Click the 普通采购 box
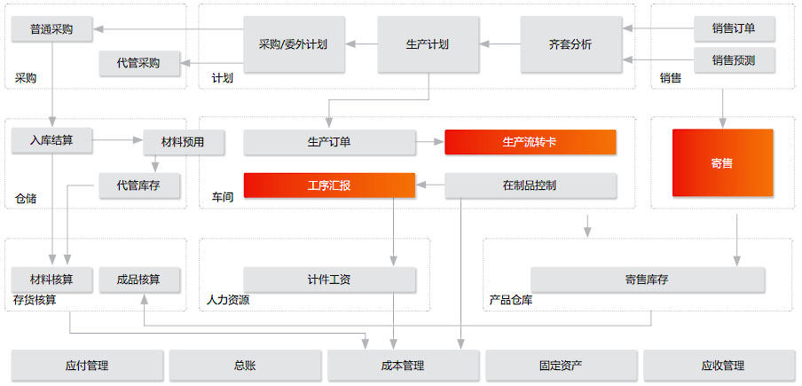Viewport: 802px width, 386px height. point(53,29)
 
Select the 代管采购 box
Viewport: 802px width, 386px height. point(139,63)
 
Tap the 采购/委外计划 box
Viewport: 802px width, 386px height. point(294,43)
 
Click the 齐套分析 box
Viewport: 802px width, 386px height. point(570,43)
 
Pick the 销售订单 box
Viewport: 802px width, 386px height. point(734,29)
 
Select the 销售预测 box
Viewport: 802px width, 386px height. point(734,60)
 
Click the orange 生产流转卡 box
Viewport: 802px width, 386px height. point(530,142)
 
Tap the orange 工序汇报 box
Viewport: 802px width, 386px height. point(329,185)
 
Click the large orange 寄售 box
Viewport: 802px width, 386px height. point(722,163)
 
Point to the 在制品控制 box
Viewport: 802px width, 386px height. point(530,185)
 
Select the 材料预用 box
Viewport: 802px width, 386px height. point(184,142)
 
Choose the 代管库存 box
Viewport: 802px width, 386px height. point(140,185)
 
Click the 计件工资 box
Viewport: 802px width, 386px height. point(329,280)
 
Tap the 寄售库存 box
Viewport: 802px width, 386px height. point(647,280)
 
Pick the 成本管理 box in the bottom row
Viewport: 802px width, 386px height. point(403,365)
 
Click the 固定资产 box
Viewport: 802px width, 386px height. point(561,365)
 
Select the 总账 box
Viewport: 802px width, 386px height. point(245,365)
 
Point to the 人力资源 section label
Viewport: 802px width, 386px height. point(228,300)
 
